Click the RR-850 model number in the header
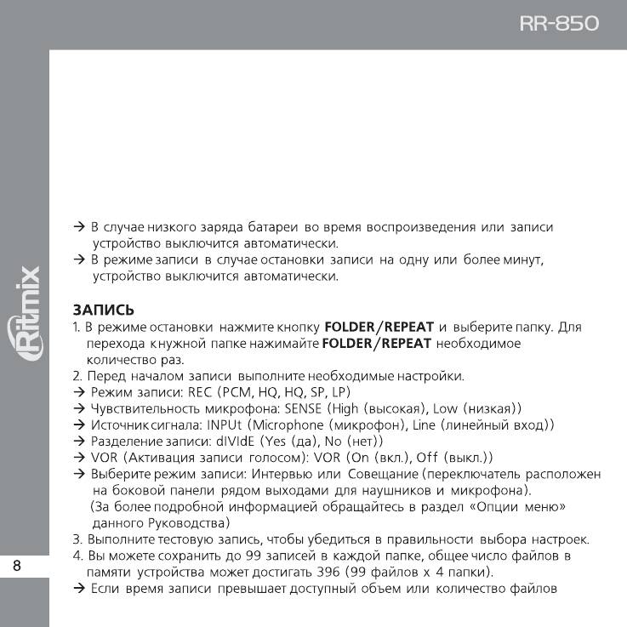click(x=559, y=23)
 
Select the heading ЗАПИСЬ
click(x=103, y=310)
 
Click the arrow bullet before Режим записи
click(x=78, y=391)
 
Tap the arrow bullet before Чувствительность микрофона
click(x=78, y=408)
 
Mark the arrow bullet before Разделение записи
click(x=78, y=441)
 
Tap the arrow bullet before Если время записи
click(x=78, y=587)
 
